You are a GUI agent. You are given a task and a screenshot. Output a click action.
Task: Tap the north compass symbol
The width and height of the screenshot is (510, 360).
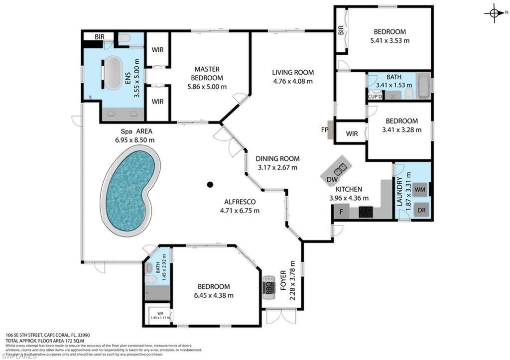(494, 14)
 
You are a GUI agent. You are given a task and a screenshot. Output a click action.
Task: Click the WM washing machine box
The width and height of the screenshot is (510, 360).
(420, 189)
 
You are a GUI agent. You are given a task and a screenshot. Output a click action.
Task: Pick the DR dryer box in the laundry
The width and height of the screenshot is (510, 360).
(421, 210)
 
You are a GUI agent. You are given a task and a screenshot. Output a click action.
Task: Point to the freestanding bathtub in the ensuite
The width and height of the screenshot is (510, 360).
(113, 73)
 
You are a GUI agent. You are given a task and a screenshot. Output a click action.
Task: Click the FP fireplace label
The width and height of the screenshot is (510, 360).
(324, 130)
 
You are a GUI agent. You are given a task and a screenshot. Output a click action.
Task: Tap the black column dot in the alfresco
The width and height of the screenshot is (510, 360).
(210, 185)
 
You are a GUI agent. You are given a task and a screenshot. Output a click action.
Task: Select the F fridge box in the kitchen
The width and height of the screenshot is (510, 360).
(341, 213)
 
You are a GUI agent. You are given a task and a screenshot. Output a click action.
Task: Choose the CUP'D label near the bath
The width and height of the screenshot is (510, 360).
(375, 96)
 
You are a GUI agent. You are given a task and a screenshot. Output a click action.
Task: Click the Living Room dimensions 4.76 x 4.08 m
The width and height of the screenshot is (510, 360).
(293, 81)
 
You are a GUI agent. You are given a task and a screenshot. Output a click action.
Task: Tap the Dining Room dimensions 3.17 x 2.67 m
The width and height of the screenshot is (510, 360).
(277, 167)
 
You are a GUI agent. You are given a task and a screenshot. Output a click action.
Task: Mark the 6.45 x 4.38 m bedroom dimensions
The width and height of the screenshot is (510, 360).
(214, 295)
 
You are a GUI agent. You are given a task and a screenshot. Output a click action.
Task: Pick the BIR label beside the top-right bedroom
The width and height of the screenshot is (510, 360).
(341, 30)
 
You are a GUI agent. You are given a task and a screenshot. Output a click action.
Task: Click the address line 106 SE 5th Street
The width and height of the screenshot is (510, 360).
(47, 335)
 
